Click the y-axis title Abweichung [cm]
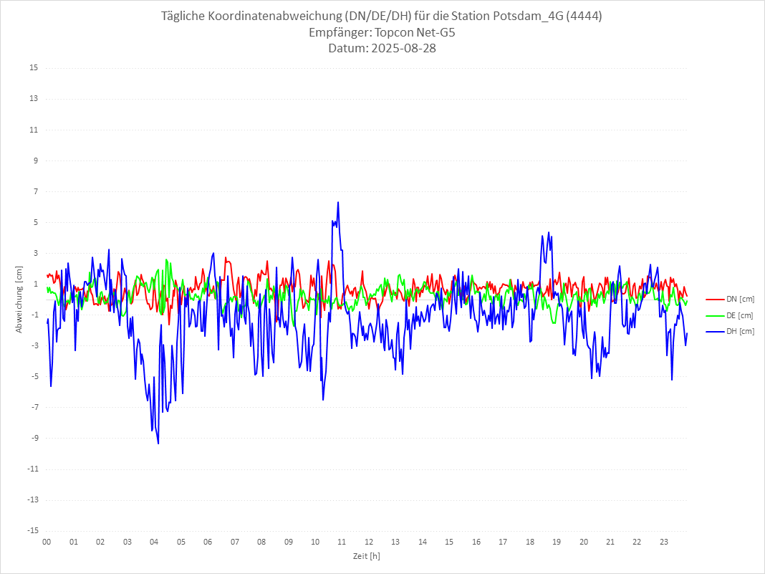[x=19, y=299]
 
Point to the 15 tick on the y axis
[x=33, y=68]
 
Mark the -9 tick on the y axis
[x=33, y=438]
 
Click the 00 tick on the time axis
[x=47, y=542]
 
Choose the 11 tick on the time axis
[x=342, y=542]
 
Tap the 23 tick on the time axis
[x=664, y=542]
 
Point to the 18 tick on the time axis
[x=530, y=542]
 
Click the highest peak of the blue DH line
[x=337, y=202]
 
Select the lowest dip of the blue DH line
[x=158, y=444]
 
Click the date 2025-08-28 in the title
[x=402, y=49]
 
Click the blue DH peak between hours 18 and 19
[x=549, y=232]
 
